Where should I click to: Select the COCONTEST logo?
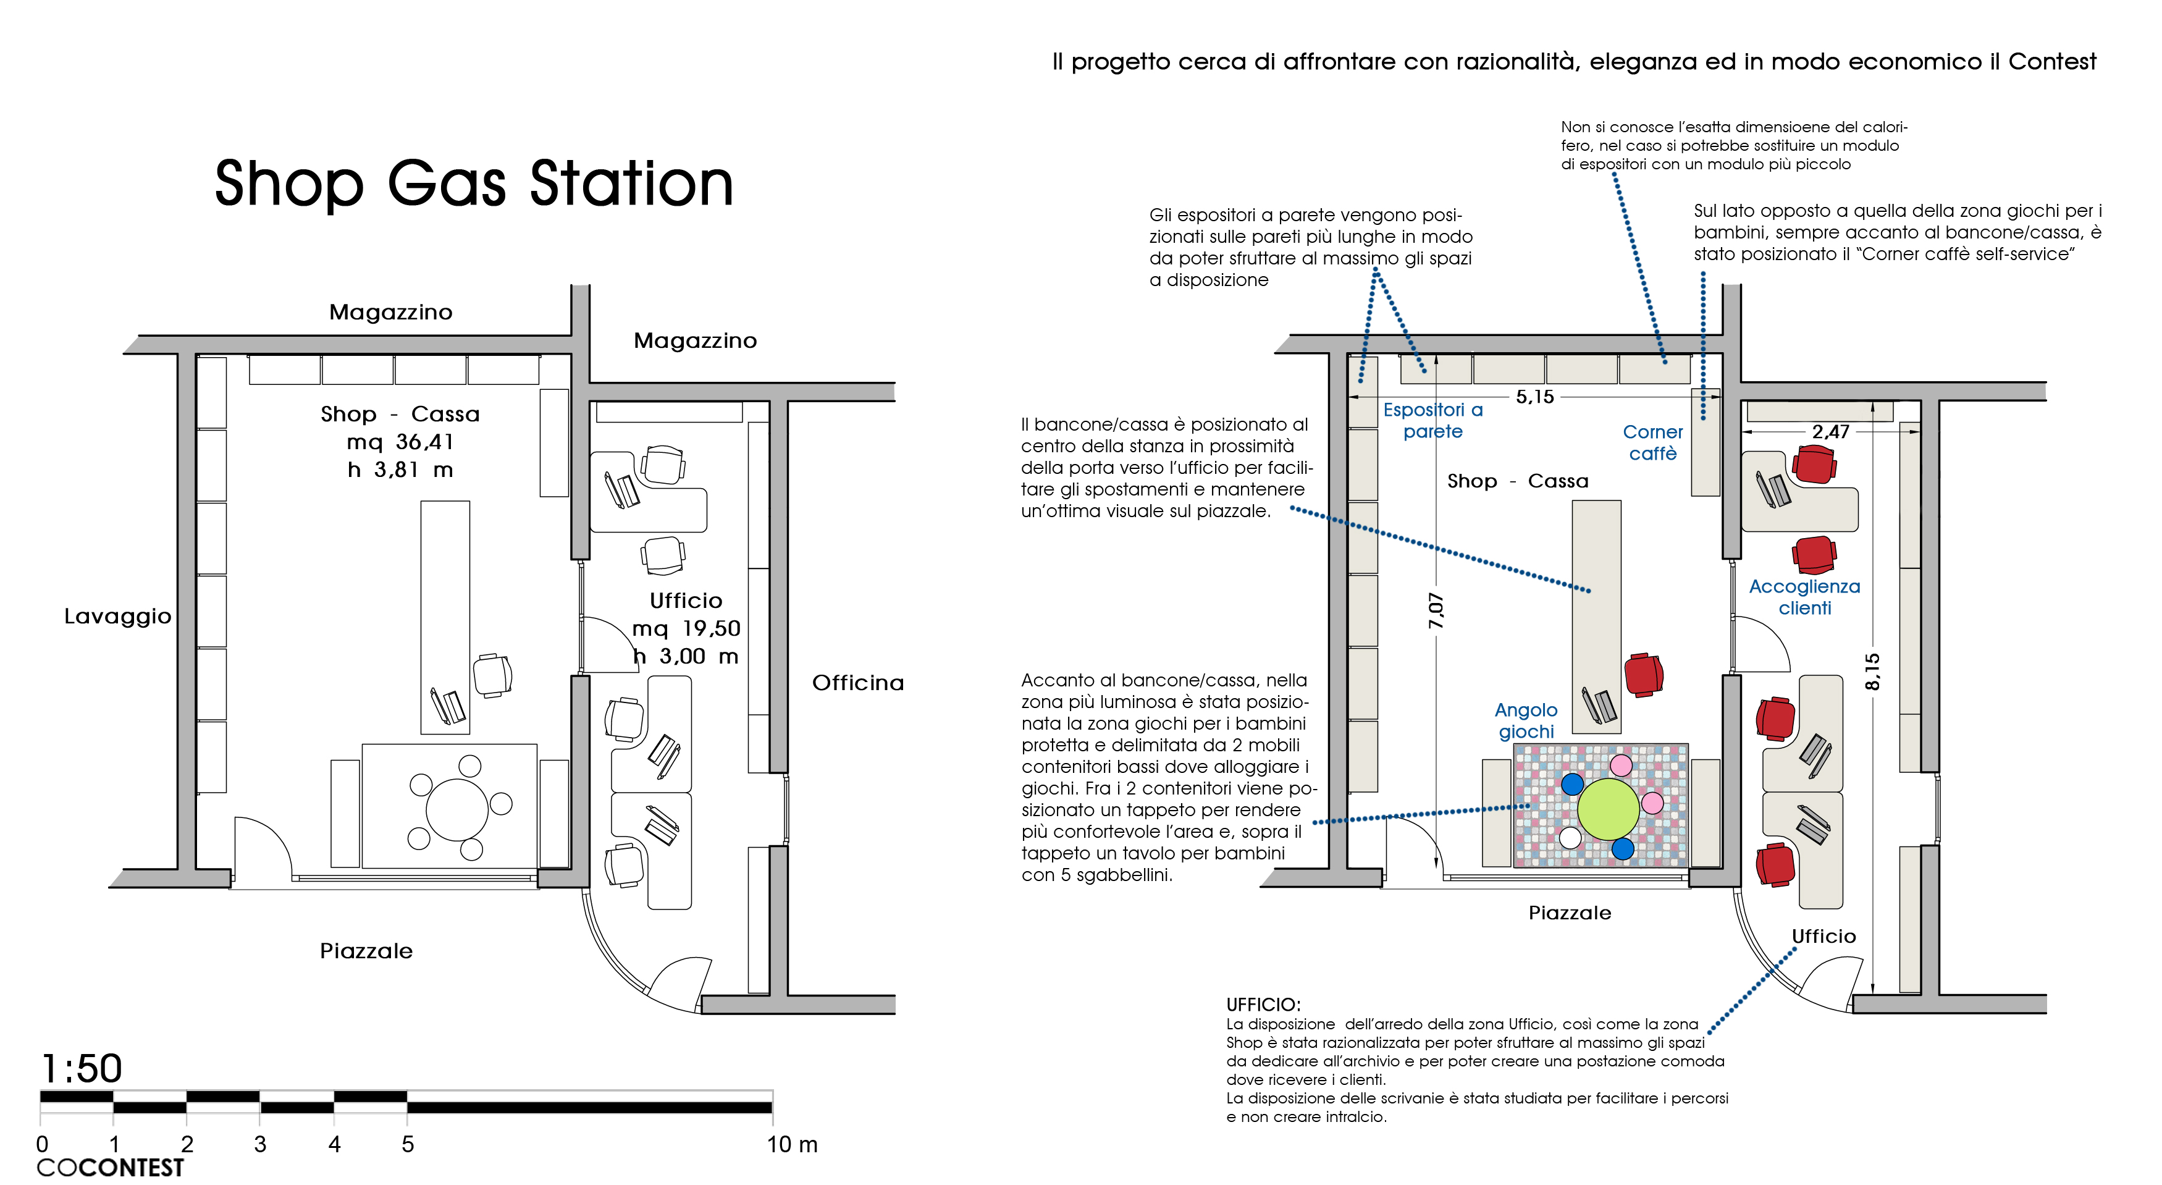[110, 1167]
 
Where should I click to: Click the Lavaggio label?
[117, 616]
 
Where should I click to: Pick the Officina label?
[858, 682]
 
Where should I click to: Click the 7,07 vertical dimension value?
[1436, 610]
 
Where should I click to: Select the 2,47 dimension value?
[1830, 431]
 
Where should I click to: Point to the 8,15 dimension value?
[1872, 672]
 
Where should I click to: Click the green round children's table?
[1608, 809]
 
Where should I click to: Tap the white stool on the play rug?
[1570, 838]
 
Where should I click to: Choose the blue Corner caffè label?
[1652, 442]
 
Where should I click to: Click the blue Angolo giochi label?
[1526, 720]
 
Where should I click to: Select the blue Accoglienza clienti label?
[1804, 597]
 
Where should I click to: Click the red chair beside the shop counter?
[1643, 675]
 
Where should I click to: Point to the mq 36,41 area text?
[400, 441]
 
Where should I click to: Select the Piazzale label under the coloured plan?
[1570, 913]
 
